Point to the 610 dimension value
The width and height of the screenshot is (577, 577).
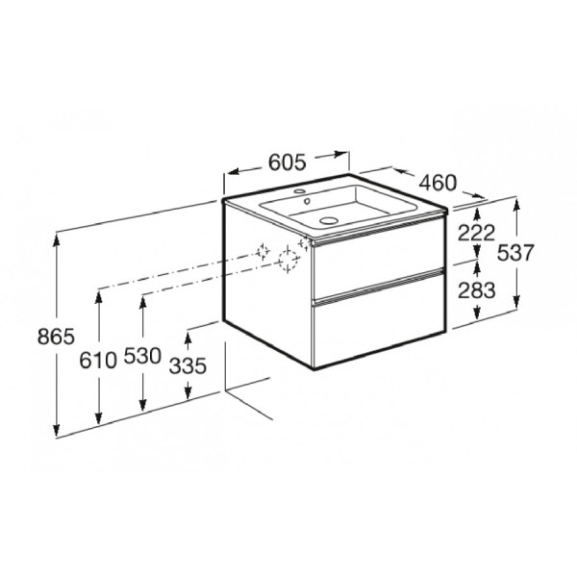(98, 360)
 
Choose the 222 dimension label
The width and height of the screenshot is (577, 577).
(476, 231)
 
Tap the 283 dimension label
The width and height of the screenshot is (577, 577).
(476, 289)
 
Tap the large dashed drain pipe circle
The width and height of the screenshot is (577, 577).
(287, 260)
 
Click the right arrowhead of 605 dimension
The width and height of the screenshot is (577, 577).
(341, 153)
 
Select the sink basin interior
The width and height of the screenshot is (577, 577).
(351, 207)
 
